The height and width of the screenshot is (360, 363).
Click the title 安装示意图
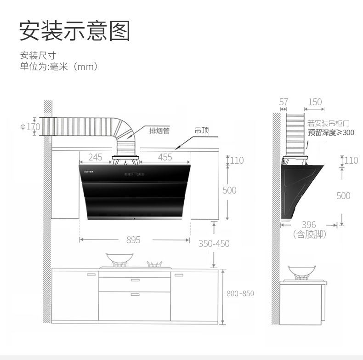tap(75, 31)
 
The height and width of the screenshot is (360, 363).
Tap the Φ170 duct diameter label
tap(30, 126)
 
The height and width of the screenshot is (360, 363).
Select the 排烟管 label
tap(159, 131)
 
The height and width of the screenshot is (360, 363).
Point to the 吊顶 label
tap(202, 131)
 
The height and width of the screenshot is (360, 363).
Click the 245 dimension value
tap(95, 157)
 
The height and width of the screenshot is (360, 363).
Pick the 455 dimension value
tap(165, 157)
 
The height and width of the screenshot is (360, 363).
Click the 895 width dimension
tap(133, 240)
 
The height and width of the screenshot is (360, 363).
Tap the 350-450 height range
tap(214, 244)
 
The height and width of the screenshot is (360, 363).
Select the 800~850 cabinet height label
tap(240, 293)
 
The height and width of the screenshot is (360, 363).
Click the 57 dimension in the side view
tap(284, 102)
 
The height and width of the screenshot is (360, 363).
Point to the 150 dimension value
tap(315, 102)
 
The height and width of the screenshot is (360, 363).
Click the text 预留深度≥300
tap(331, 132)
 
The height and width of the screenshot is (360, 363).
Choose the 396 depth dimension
tap(309, 225)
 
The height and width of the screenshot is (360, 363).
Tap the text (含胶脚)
tap(309, 234)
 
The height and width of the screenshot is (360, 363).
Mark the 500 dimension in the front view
tap(229, 190)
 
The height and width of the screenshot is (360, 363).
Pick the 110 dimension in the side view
tap(351, 160)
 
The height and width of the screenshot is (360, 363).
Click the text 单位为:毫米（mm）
tap(59, 67)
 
